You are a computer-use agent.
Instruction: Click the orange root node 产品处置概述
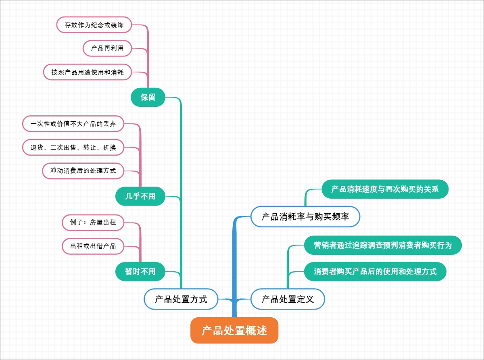coord(234,331)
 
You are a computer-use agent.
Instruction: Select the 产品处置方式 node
coord(181,299)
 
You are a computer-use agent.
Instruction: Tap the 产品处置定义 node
coord(288,299)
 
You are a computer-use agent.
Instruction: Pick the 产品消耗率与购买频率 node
coord(305,217)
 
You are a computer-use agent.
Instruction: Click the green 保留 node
coord(148,97)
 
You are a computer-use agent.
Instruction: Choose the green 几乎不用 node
coord(140,196)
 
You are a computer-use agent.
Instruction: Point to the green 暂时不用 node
coord(140,271)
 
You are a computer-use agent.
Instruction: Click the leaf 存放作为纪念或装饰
coord(94,25)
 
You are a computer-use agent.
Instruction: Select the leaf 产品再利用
coord(107,48)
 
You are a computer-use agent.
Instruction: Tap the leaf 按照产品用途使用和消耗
coord(88,72)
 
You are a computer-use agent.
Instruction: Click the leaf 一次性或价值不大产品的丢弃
coord(73,124)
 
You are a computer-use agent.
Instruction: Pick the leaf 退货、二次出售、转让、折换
coord(73,148)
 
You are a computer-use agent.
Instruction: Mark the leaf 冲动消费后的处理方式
coord(83,171)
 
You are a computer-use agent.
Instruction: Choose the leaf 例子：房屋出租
coord(93,223)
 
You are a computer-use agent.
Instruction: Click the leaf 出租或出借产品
coord(93,246)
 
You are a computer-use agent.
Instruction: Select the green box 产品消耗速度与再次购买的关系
coord(385,189)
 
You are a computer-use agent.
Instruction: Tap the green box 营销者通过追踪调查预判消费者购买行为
coord(383,245)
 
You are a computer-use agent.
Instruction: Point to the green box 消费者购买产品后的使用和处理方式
coord(375,271)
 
